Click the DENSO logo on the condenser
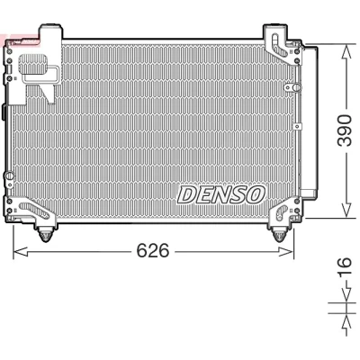click(x=221, y=194)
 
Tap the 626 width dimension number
click(x=153, y=251)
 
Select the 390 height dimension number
click(x=345, y=130)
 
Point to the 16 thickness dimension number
click(x=345, y=266)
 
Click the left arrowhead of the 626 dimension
click(x=21, y=251)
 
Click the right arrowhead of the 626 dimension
click(x=286, y=251)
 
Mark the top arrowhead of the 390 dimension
click(x=346, y=51)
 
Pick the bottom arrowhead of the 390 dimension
click(x=346, y=211)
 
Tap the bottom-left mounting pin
click(x=45, y=235)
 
